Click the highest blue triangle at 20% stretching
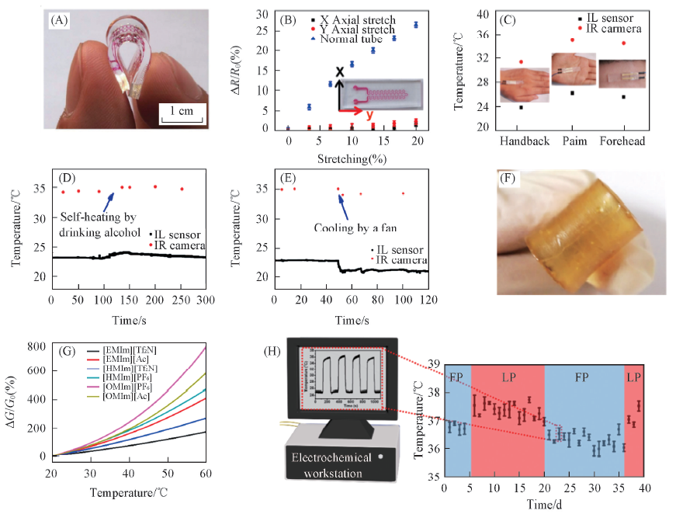(415, 24)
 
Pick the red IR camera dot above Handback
(521, 61)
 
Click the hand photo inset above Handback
(521, 83)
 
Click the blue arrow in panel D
(113, 196)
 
